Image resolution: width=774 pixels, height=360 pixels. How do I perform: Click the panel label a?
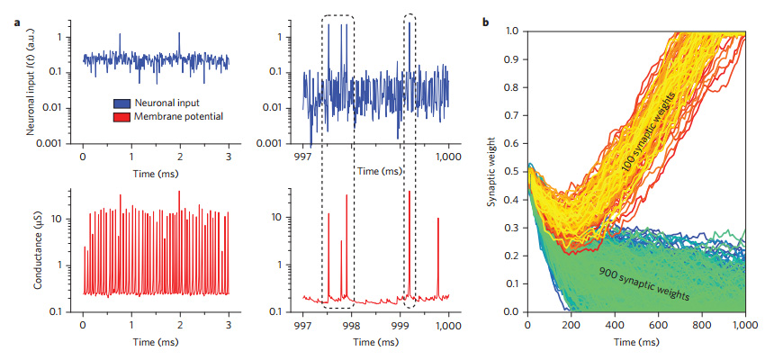click(18, 20)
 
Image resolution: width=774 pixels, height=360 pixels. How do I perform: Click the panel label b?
click(487, 20)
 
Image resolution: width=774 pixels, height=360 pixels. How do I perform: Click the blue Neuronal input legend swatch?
click(122, 103)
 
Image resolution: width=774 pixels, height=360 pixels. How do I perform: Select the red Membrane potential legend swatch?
click(122, 116)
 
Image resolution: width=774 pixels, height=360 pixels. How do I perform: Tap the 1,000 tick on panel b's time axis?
click(744, 324)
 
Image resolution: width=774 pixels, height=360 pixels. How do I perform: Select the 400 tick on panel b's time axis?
click(614, 324)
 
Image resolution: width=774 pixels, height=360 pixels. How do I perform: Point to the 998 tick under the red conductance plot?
click(352, 324)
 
